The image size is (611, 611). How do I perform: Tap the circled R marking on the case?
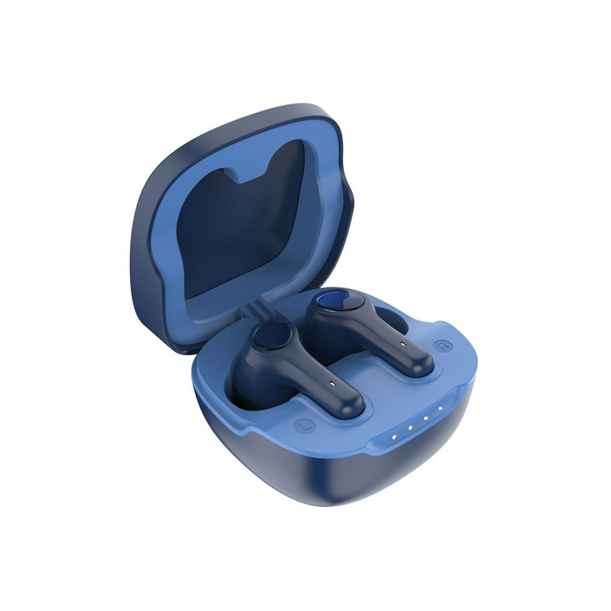coord(442,345)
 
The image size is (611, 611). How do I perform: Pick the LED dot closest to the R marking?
coord(441,409)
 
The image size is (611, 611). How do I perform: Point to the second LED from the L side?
coord(411,428)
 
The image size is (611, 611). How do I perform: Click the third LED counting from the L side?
coord(426,418)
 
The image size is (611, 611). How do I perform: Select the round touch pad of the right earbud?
coord(340,302)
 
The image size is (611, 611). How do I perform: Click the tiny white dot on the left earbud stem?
coord(332,383)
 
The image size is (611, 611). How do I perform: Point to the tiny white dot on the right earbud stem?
coord(402,344)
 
